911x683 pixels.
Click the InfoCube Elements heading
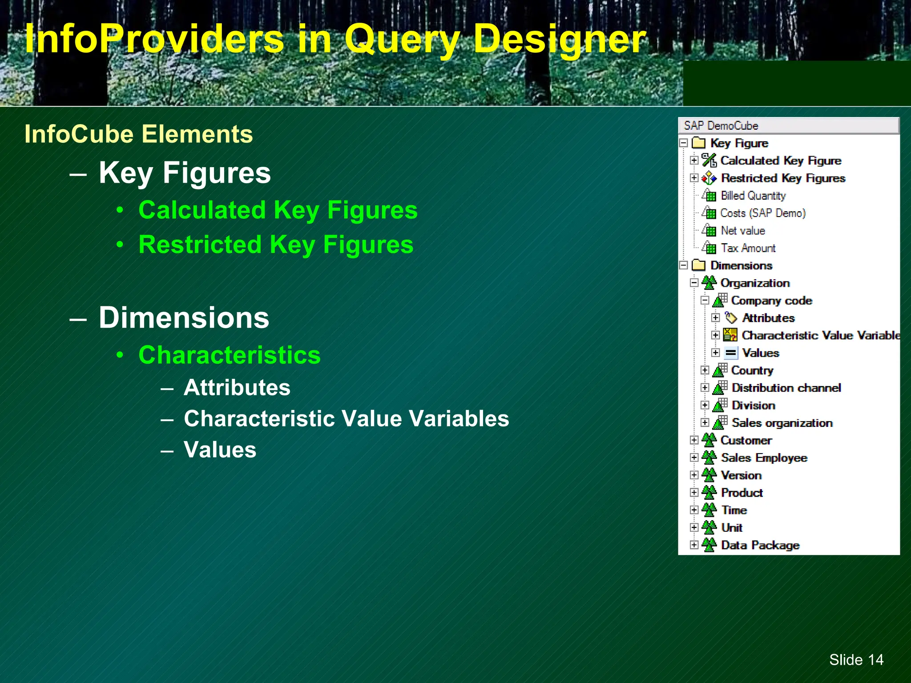point(138,134)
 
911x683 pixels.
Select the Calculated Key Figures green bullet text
point(278,210)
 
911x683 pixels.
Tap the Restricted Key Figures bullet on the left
point(275,245)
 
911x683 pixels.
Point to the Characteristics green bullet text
point(229,355)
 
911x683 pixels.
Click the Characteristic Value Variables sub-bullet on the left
point(346,418)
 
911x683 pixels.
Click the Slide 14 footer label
point(856,659)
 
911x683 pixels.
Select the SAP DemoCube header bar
point(788,126)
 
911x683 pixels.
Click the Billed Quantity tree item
point(753,196)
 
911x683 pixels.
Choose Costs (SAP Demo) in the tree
point(762,213)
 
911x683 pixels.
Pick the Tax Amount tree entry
point(748,248)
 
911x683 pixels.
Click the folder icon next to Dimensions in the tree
point(699,265)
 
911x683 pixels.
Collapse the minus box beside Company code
point(705,300)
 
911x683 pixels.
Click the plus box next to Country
point(705,370)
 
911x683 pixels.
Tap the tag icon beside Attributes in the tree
point(730,318)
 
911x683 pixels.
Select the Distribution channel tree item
point(786,388)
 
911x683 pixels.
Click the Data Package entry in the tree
point(760,545)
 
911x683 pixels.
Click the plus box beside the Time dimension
point(694,510)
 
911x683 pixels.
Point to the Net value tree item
point(742,231)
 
